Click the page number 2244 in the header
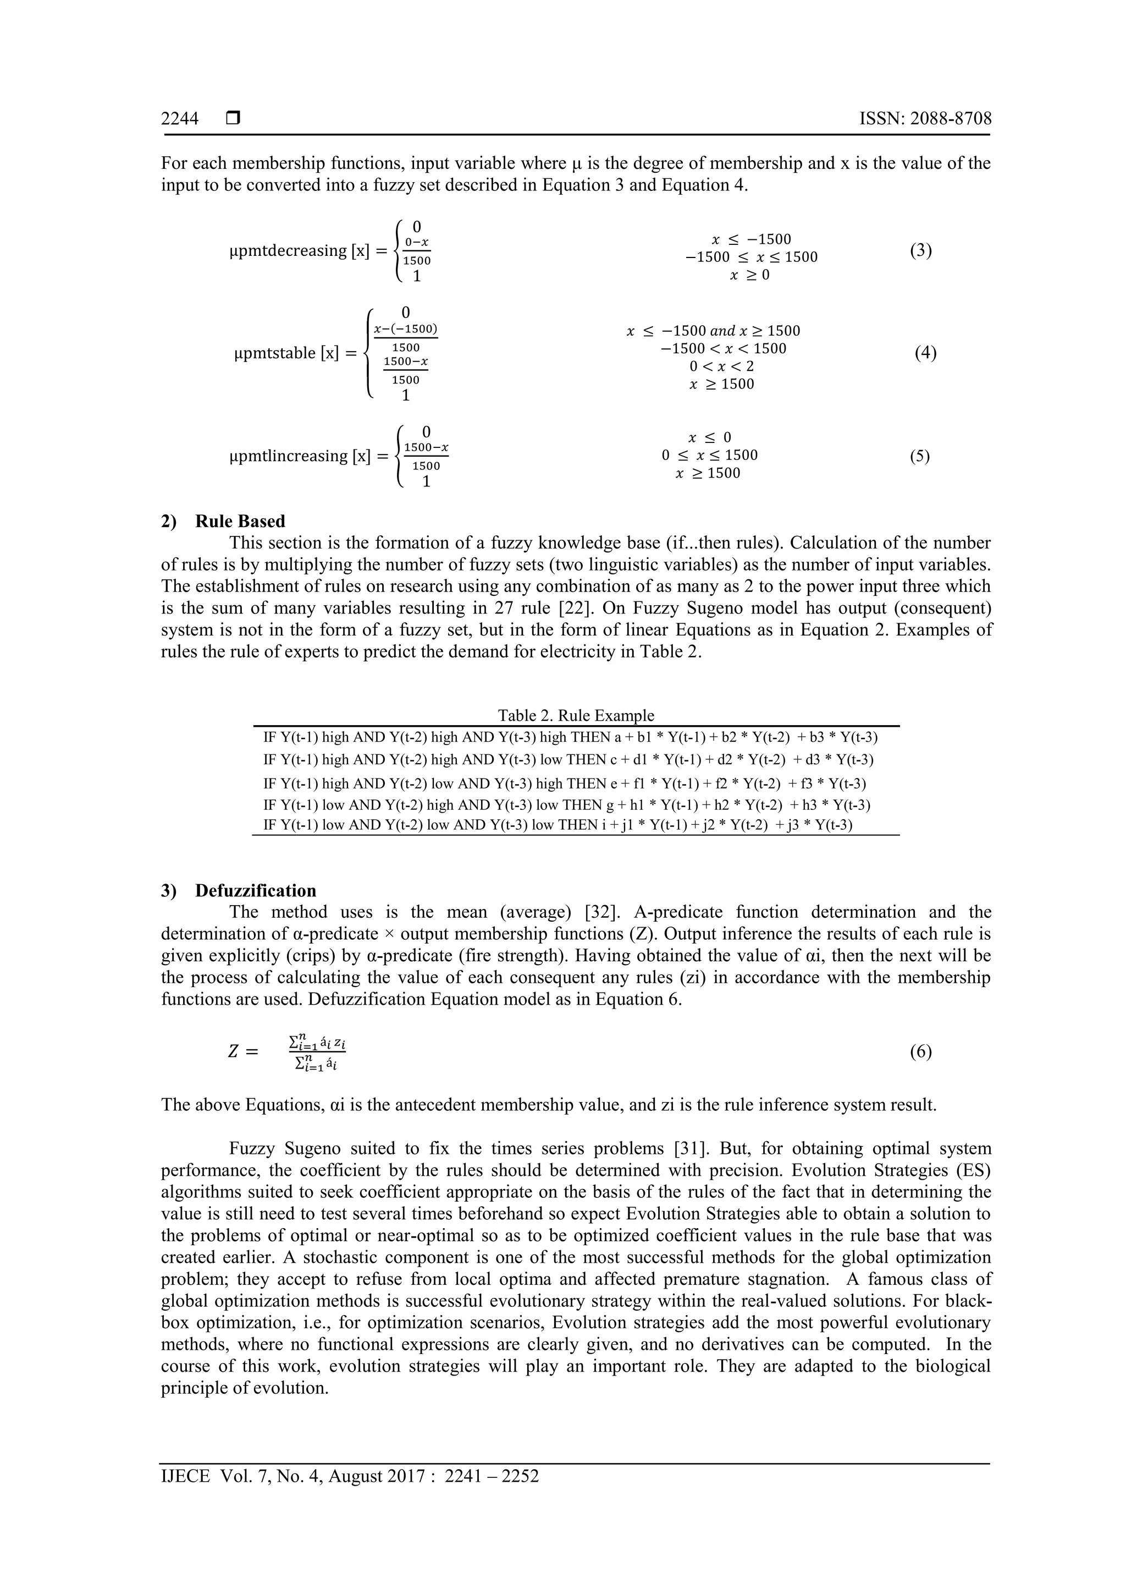click(x=180, y=119)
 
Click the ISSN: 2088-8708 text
click(x=925, y=119)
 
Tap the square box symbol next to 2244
click(x=233, y=119)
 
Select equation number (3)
click(x=920, y=250)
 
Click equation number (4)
click(x=925, y=353)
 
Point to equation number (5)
click(x=919, y=456)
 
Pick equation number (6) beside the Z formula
click(x=920, y=1052)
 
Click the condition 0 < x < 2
click(x=721, y=366)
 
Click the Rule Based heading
click(x=239, y=522)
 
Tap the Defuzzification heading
click(x=255, y=891)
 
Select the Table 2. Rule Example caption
click(x=575, y=715)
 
